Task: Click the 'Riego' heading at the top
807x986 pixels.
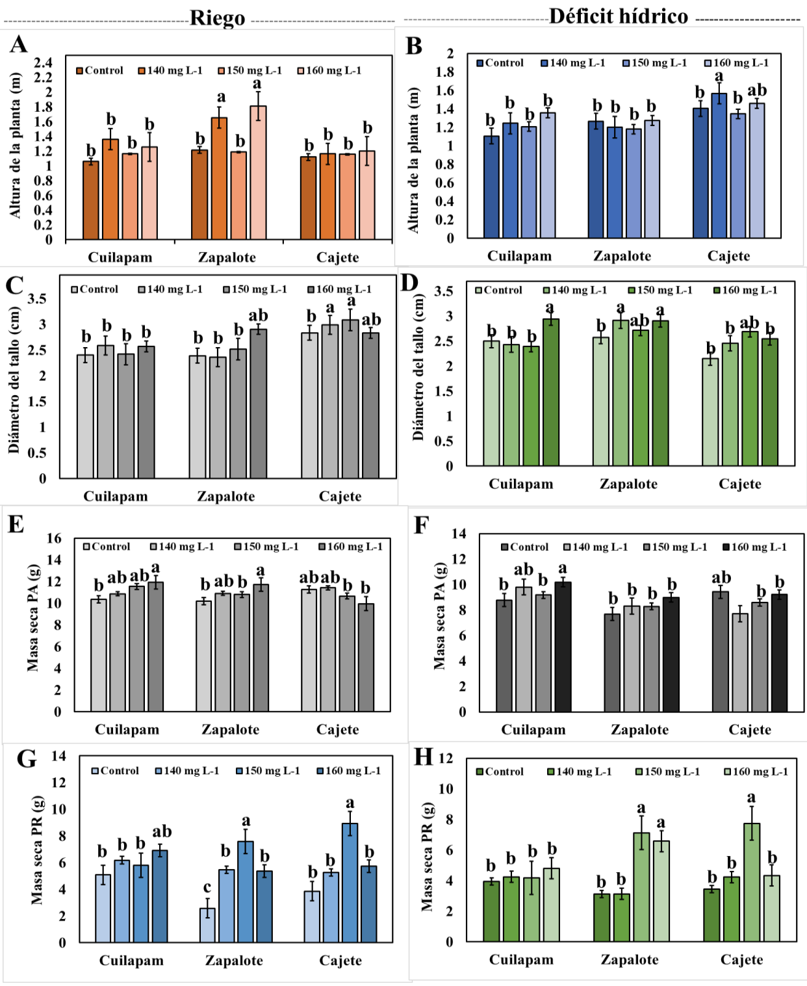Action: click(217, 18)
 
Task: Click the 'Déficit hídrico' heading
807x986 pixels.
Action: click(618, 16)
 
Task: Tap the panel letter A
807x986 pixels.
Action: click(18, 44)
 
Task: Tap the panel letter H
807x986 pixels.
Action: click(423, 757)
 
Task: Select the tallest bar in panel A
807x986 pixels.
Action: click(258, 172)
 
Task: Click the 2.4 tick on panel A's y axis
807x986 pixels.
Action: click(44, 62)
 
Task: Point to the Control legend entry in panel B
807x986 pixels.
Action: click(500, 63)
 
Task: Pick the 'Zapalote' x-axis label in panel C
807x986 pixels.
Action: click(225, 497)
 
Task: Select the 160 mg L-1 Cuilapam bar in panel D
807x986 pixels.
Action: click(550, 392)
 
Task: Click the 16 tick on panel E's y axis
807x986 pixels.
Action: click(55, 538)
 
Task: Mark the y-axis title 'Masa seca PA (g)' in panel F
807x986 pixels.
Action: click(440, 617)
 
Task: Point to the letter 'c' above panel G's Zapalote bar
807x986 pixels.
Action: click(207, 887)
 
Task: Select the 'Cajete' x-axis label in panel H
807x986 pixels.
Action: click(741, 960)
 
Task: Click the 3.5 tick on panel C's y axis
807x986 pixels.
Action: click(37, 299)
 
